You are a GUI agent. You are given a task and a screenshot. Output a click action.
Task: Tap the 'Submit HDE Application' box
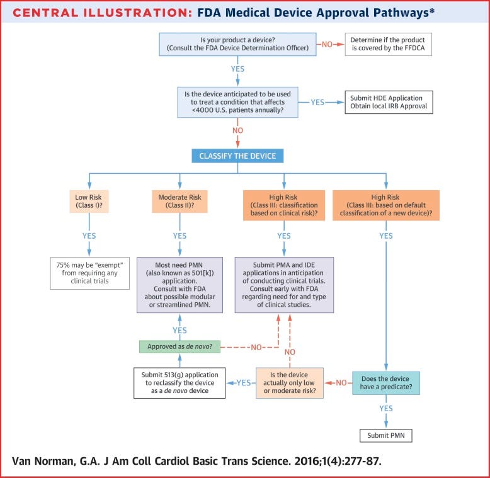[388, 101]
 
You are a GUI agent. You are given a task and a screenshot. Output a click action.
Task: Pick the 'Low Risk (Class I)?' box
[89, 201]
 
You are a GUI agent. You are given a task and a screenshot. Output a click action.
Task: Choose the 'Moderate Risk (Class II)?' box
[179, 201]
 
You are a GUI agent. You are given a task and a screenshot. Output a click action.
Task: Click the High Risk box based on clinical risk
[283, 205]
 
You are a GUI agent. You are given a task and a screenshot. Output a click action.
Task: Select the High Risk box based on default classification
[385, 205]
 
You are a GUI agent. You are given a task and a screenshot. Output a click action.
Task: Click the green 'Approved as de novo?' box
[179, 346]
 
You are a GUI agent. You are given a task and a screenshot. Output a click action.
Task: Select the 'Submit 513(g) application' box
[179, 382]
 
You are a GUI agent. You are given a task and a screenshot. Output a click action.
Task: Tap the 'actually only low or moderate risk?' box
[290, 382]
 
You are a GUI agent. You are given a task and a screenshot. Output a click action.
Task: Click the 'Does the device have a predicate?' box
[385, 382]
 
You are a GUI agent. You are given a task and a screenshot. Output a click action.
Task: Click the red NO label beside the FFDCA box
[326, 45]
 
